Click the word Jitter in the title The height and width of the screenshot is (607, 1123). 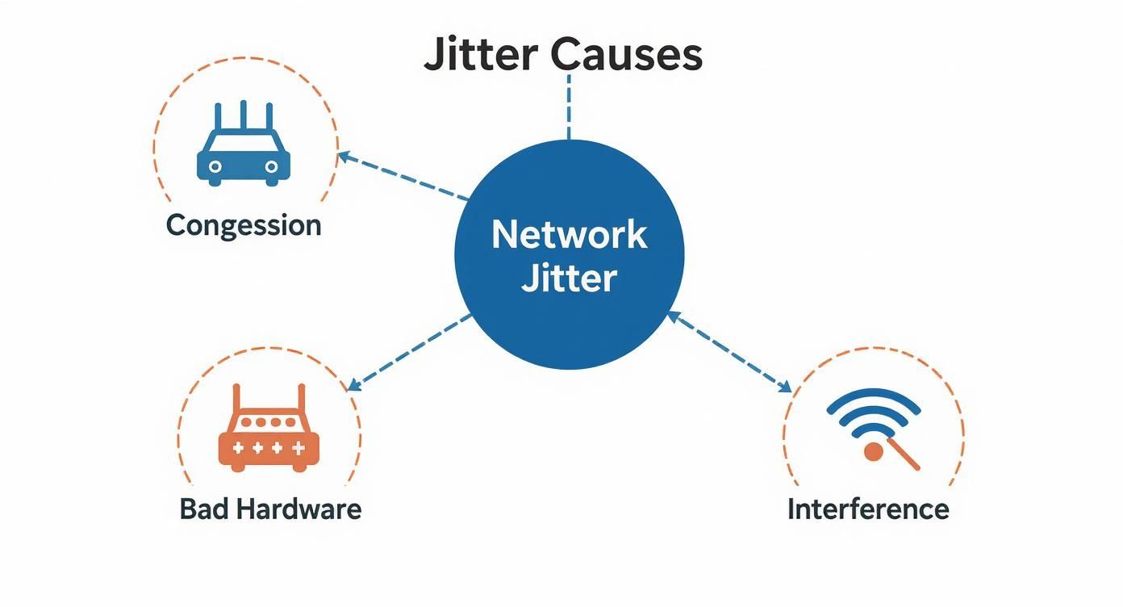point(481,55)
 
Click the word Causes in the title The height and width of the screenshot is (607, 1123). point(627,55)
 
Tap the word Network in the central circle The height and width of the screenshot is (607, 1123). point(569,234)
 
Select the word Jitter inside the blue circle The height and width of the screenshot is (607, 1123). point(569,278)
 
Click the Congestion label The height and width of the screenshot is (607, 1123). point(244,225)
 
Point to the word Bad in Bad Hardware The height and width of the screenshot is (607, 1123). point(202,509)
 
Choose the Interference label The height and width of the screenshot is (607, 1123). point(868,509)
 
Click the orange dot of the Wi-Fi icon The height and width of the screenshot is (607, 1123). point(872,451)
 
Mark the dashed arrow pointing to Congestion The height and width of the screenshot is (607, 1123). point(403,176)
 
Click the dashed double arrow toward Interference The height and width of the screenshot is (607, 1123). point(730,353)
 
